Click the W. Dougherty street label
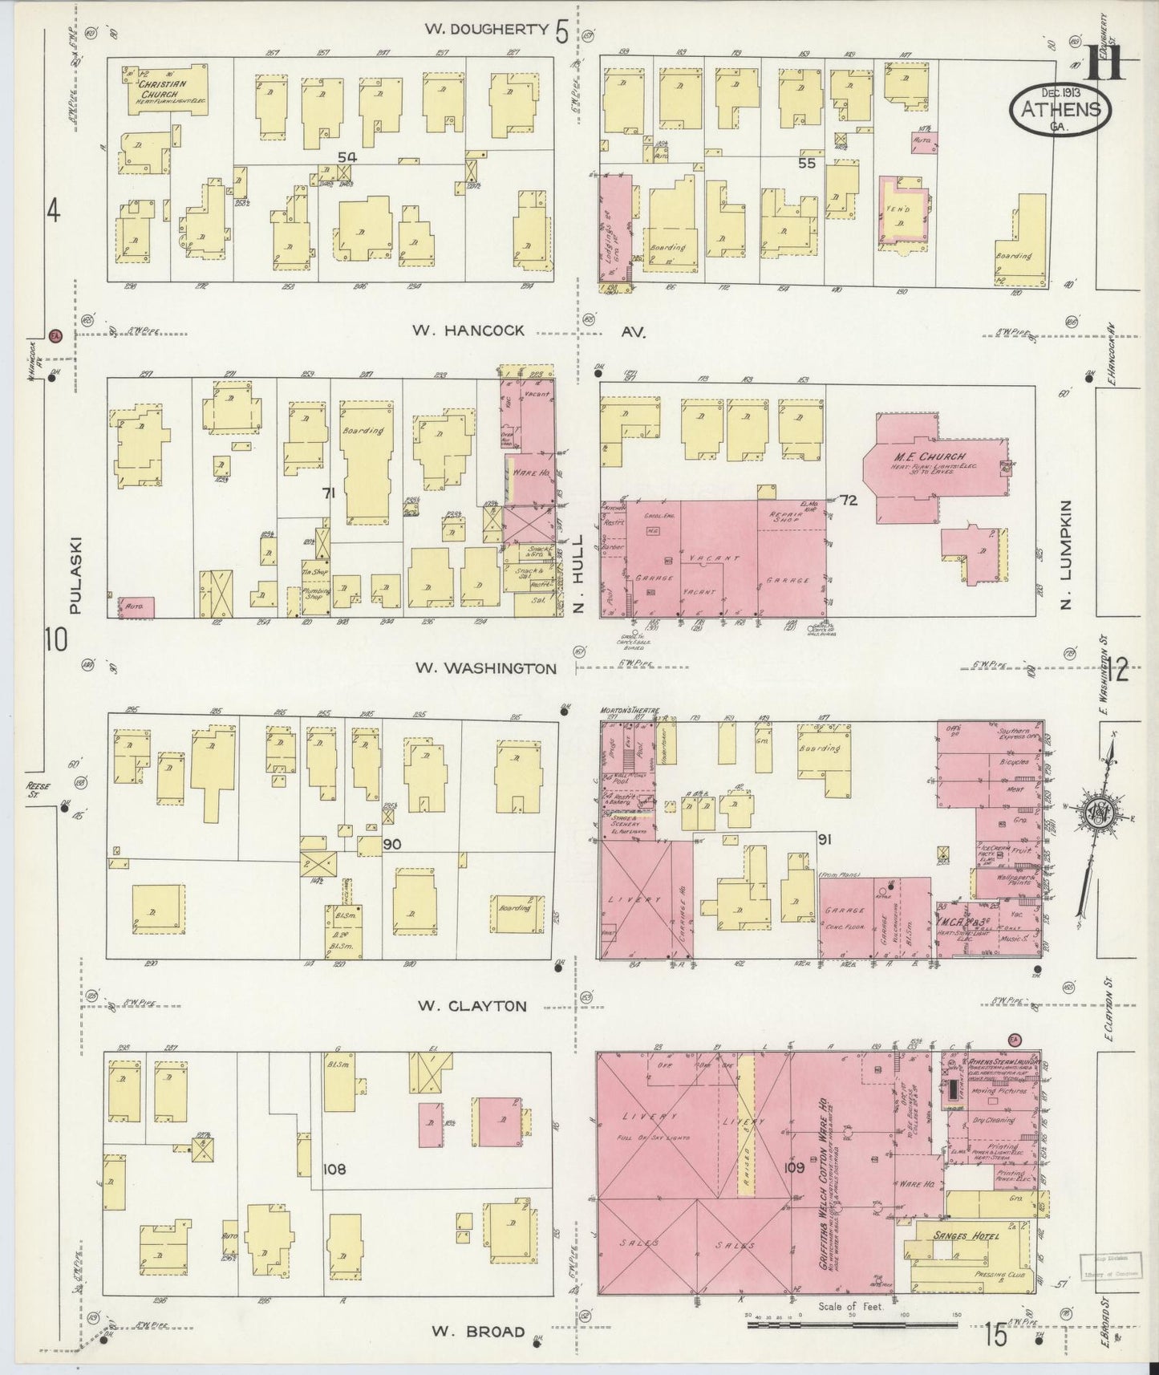486,30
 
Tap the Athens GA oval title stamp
1060,107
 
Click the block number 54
346,158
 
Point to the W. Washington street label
485,668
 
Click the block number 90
391,844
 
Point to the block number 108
334,1169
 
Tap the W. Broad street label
478,1332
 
